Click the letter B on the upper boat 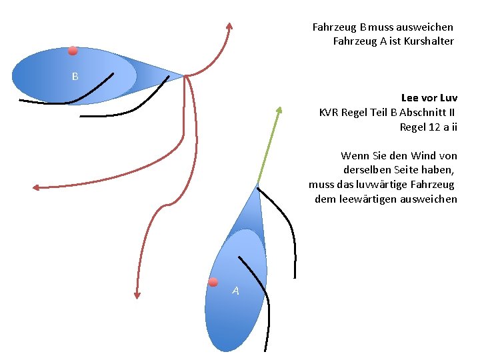(x=75, y=77)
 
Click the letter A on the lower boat (x=235, y=291)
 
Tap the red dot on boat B (x=73, y=51)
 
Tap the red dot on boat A (x=213, y=282)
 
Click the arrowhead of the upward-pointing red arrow (x=229, y=27)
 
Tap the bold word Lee (x=410, y=97)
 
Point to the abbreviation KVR (x=328, y=112)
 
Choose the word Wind (x=423, y=155)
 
